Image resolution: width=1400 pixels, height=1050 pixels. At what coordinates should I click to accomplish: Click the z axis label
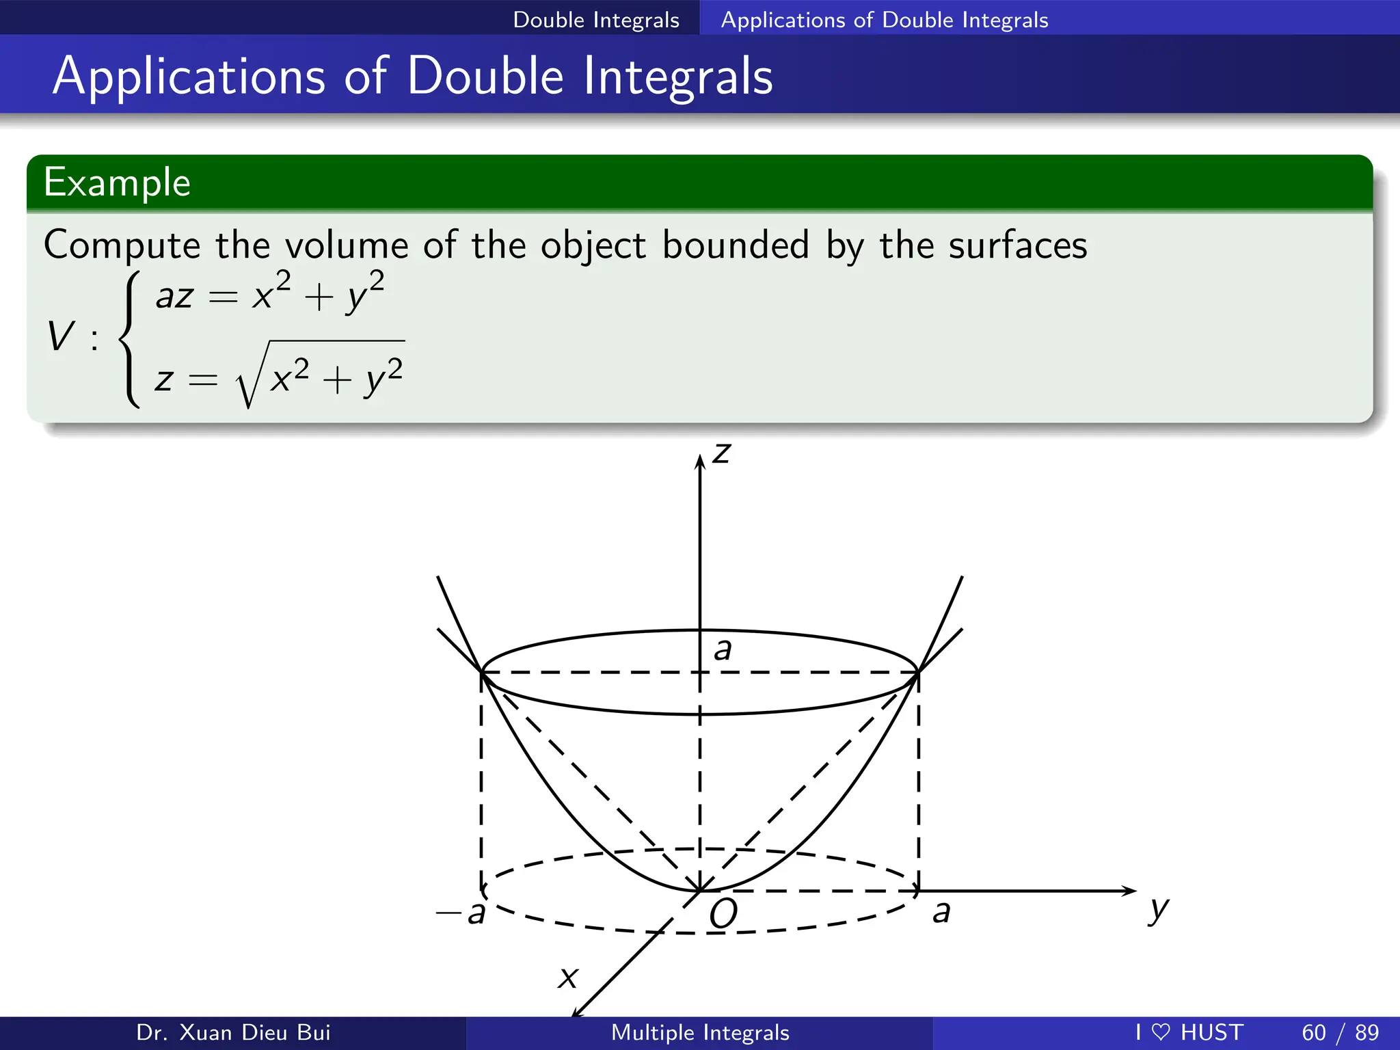coord(722,453)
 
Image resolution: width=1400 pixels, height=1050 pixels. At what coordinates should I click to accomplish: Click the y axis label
coord(1159,910)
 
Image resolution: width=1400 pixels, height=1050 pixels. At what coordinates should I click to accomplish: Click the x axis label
coord(568,978)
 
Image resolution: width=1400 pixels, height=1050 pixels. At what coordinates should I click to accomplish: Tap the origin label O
coord(723,913)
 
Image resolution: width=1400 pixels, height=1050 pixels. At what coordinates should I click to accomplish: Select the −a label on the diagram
coord(461,912)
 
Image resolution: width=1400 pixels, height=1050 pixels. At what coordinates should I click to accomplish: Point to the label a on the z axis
coord(723,649)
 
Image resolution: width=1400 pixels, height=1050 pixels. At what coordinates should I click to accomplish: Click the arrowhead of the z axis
coord(700,461)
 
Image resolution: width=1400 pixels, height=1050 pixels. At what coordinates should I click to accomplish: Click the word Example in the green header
coord(117,183)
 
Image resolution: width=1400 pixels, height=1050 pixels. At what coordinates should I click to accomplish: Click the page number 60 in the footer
coord(1314,1032)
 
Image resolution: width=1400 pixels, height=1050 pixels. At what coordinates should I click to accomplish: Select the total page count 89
coord(1367,1032)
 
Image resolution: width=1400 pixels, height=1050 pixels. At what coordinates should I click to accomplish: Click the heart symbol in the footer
coord(1161,1032)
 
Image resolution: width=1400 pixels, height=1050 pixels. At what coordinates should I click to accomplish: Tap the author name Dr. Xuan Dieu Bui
coord(233,1032)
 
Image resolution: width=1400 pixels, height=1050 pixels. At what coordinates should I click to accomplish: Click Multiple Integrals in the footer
coord(700,1032)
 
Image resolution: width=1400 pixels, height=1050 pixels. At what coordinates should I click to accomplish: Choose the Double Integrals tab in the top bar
coord(596,20)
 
